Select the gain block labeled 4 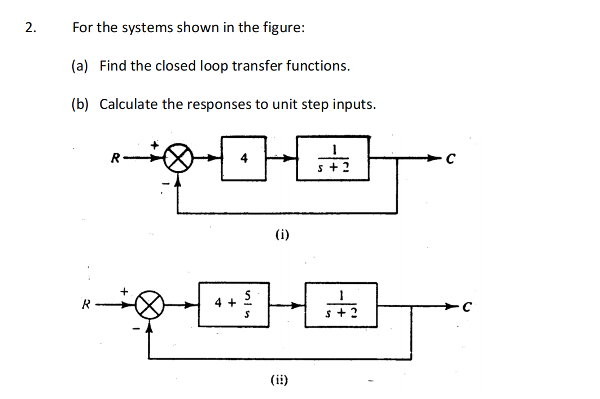click(244, 159)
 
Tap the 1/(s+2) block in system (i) click(334, 158)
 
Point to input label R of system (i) click(115, 158)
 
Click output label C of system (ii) click(466, 306)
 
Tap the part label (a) click(80, 66)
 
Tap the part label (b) click(80, 104)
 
